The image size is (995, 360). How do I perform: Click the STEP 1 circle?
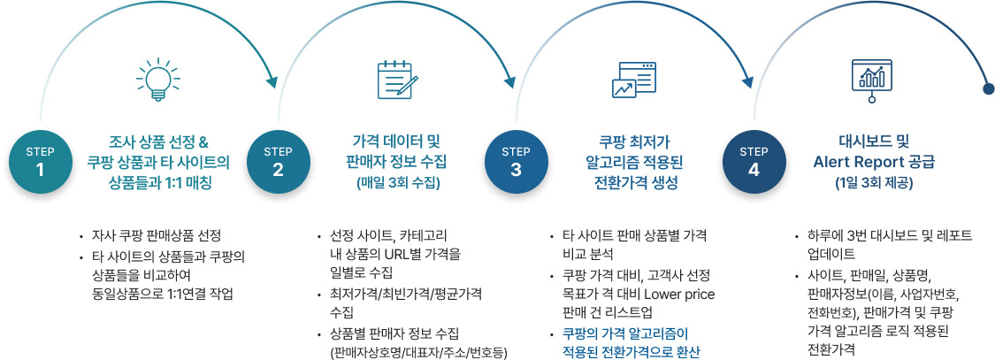pos(40,161)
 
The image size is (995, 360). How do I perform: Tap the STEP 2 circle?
pos(278,161)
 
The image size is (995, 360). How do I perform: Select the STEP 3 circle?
pos(516,161)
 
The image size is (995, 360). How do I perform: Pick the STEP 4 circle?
pos(754,161)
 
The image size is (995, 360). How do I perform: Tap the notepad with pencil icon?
pos(398,80)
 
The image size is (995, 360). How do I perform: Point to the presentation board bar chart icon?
pos(871,80)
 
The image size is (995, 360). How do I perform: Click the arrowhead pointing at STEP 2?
pos(272,82)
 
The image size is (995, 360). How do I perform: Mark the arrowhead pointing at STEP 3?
pos(509,82)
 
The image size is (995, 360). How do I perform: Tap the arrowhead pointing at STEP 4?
pos(747,82)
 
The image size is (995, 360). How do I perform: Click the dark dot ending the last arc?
pos(989,88)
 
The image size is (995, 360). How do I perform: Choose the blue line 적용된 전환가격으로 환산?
pos(631,352)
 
